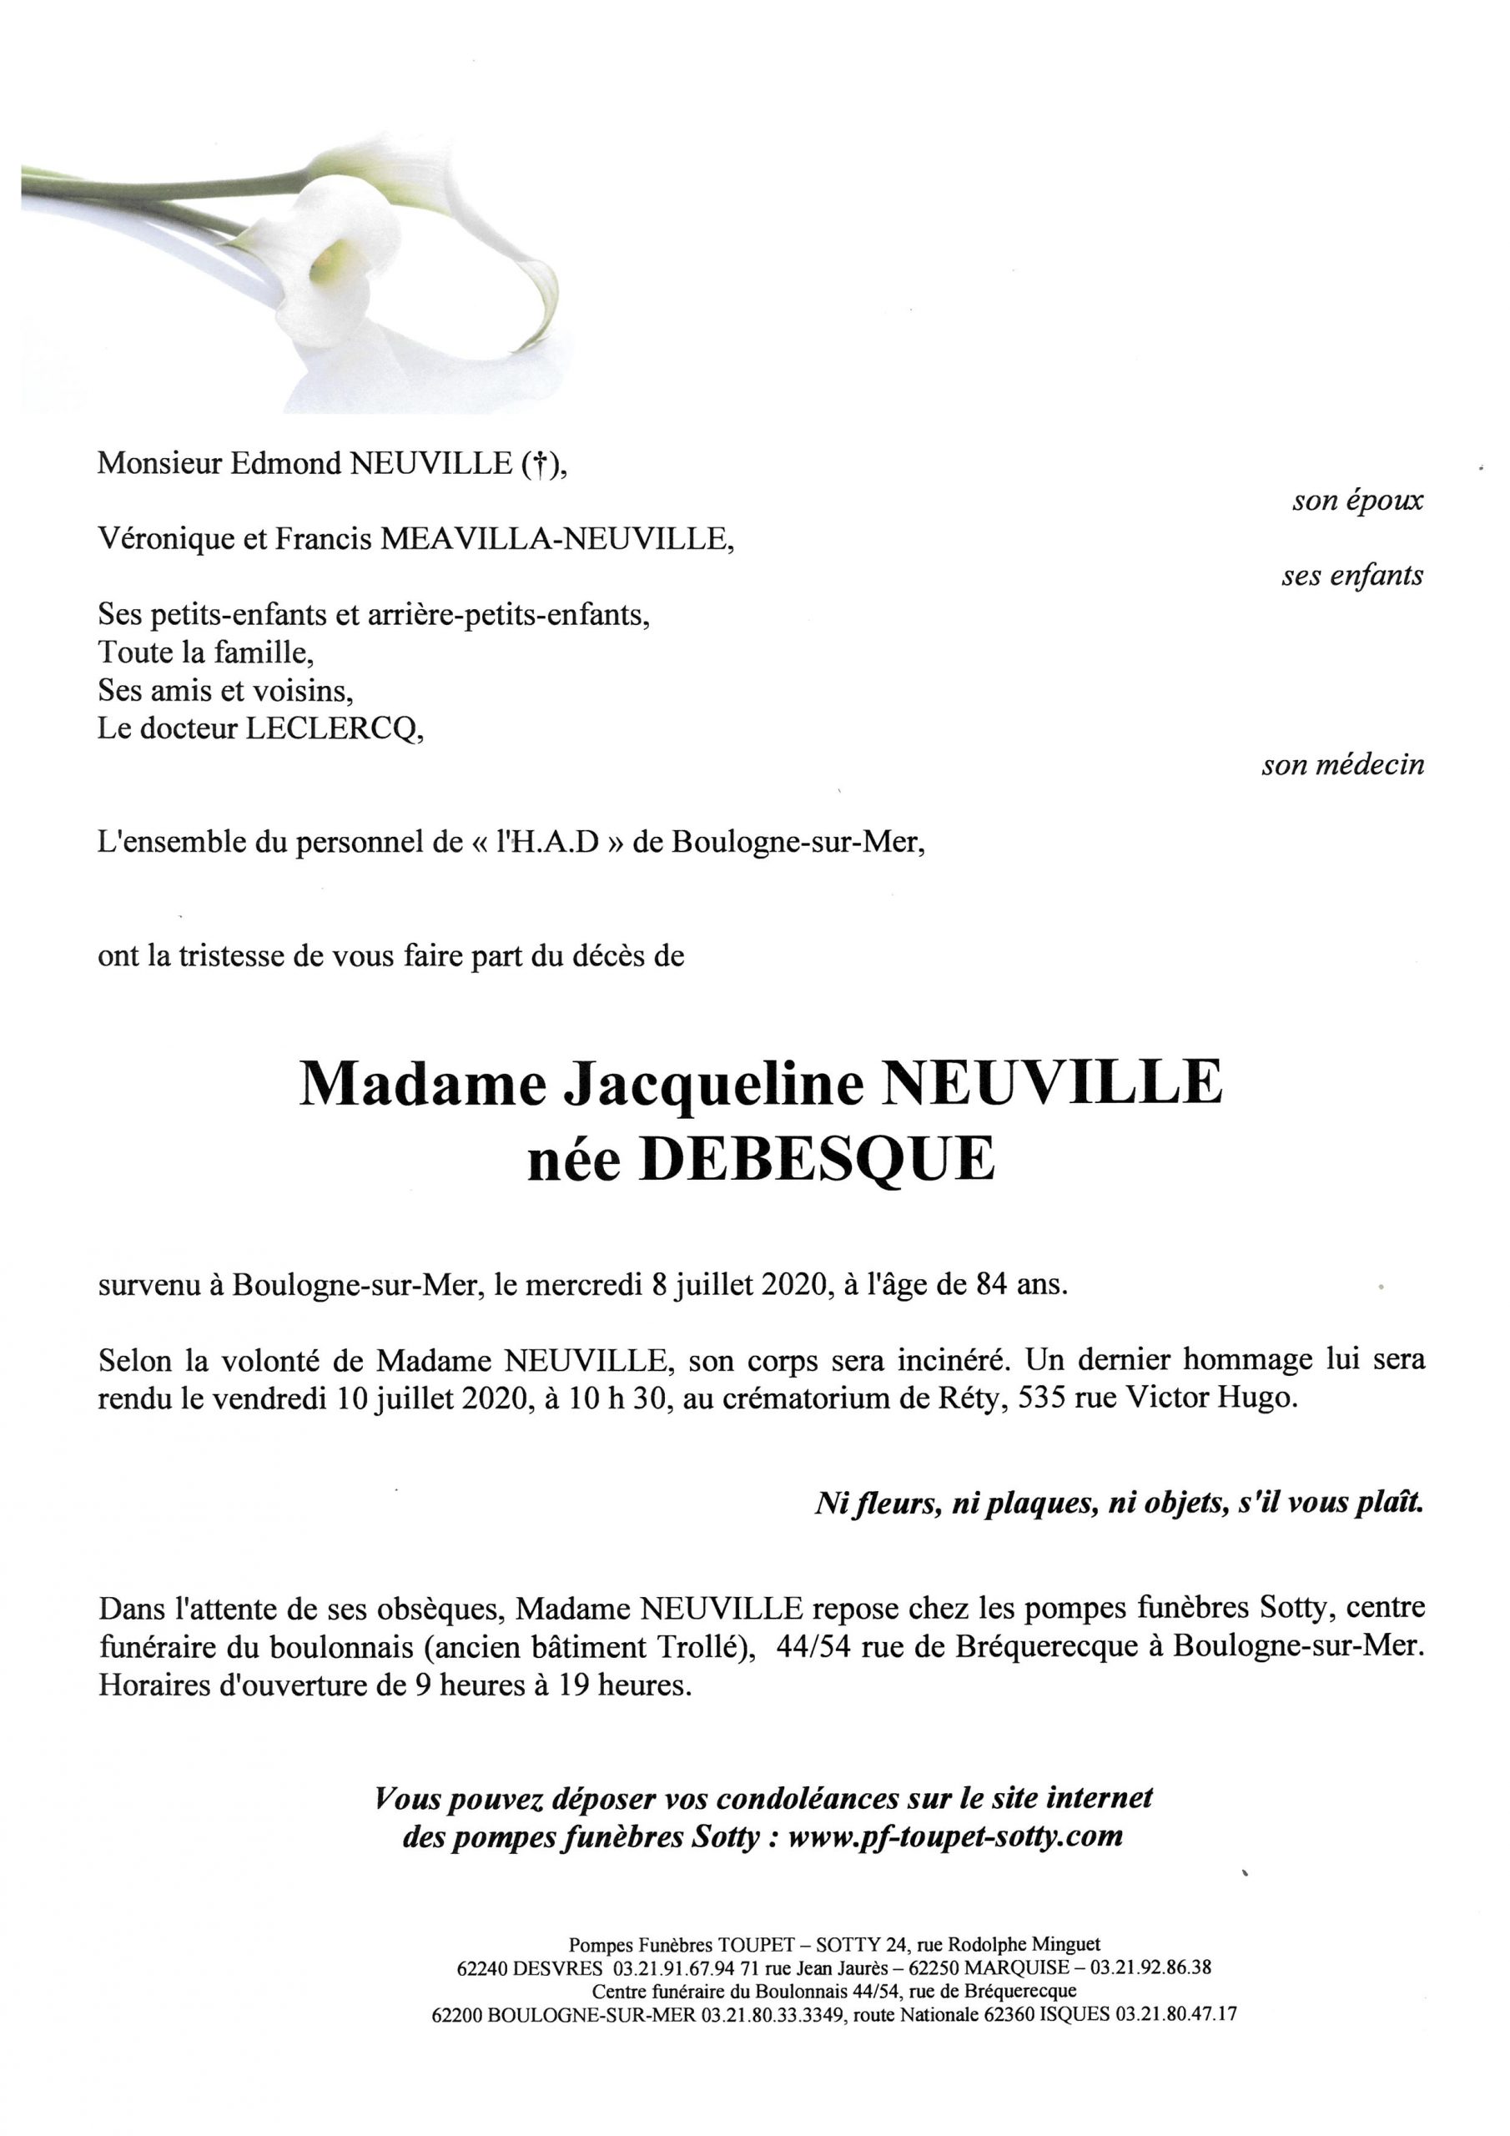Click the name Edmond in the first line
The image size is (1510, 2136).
[x=284, y=463]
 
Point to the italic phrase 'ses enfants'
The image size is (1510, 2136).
[x=1351, y=576]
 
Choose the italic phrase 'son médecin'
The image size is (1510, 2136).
[x=1341, y=766]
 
